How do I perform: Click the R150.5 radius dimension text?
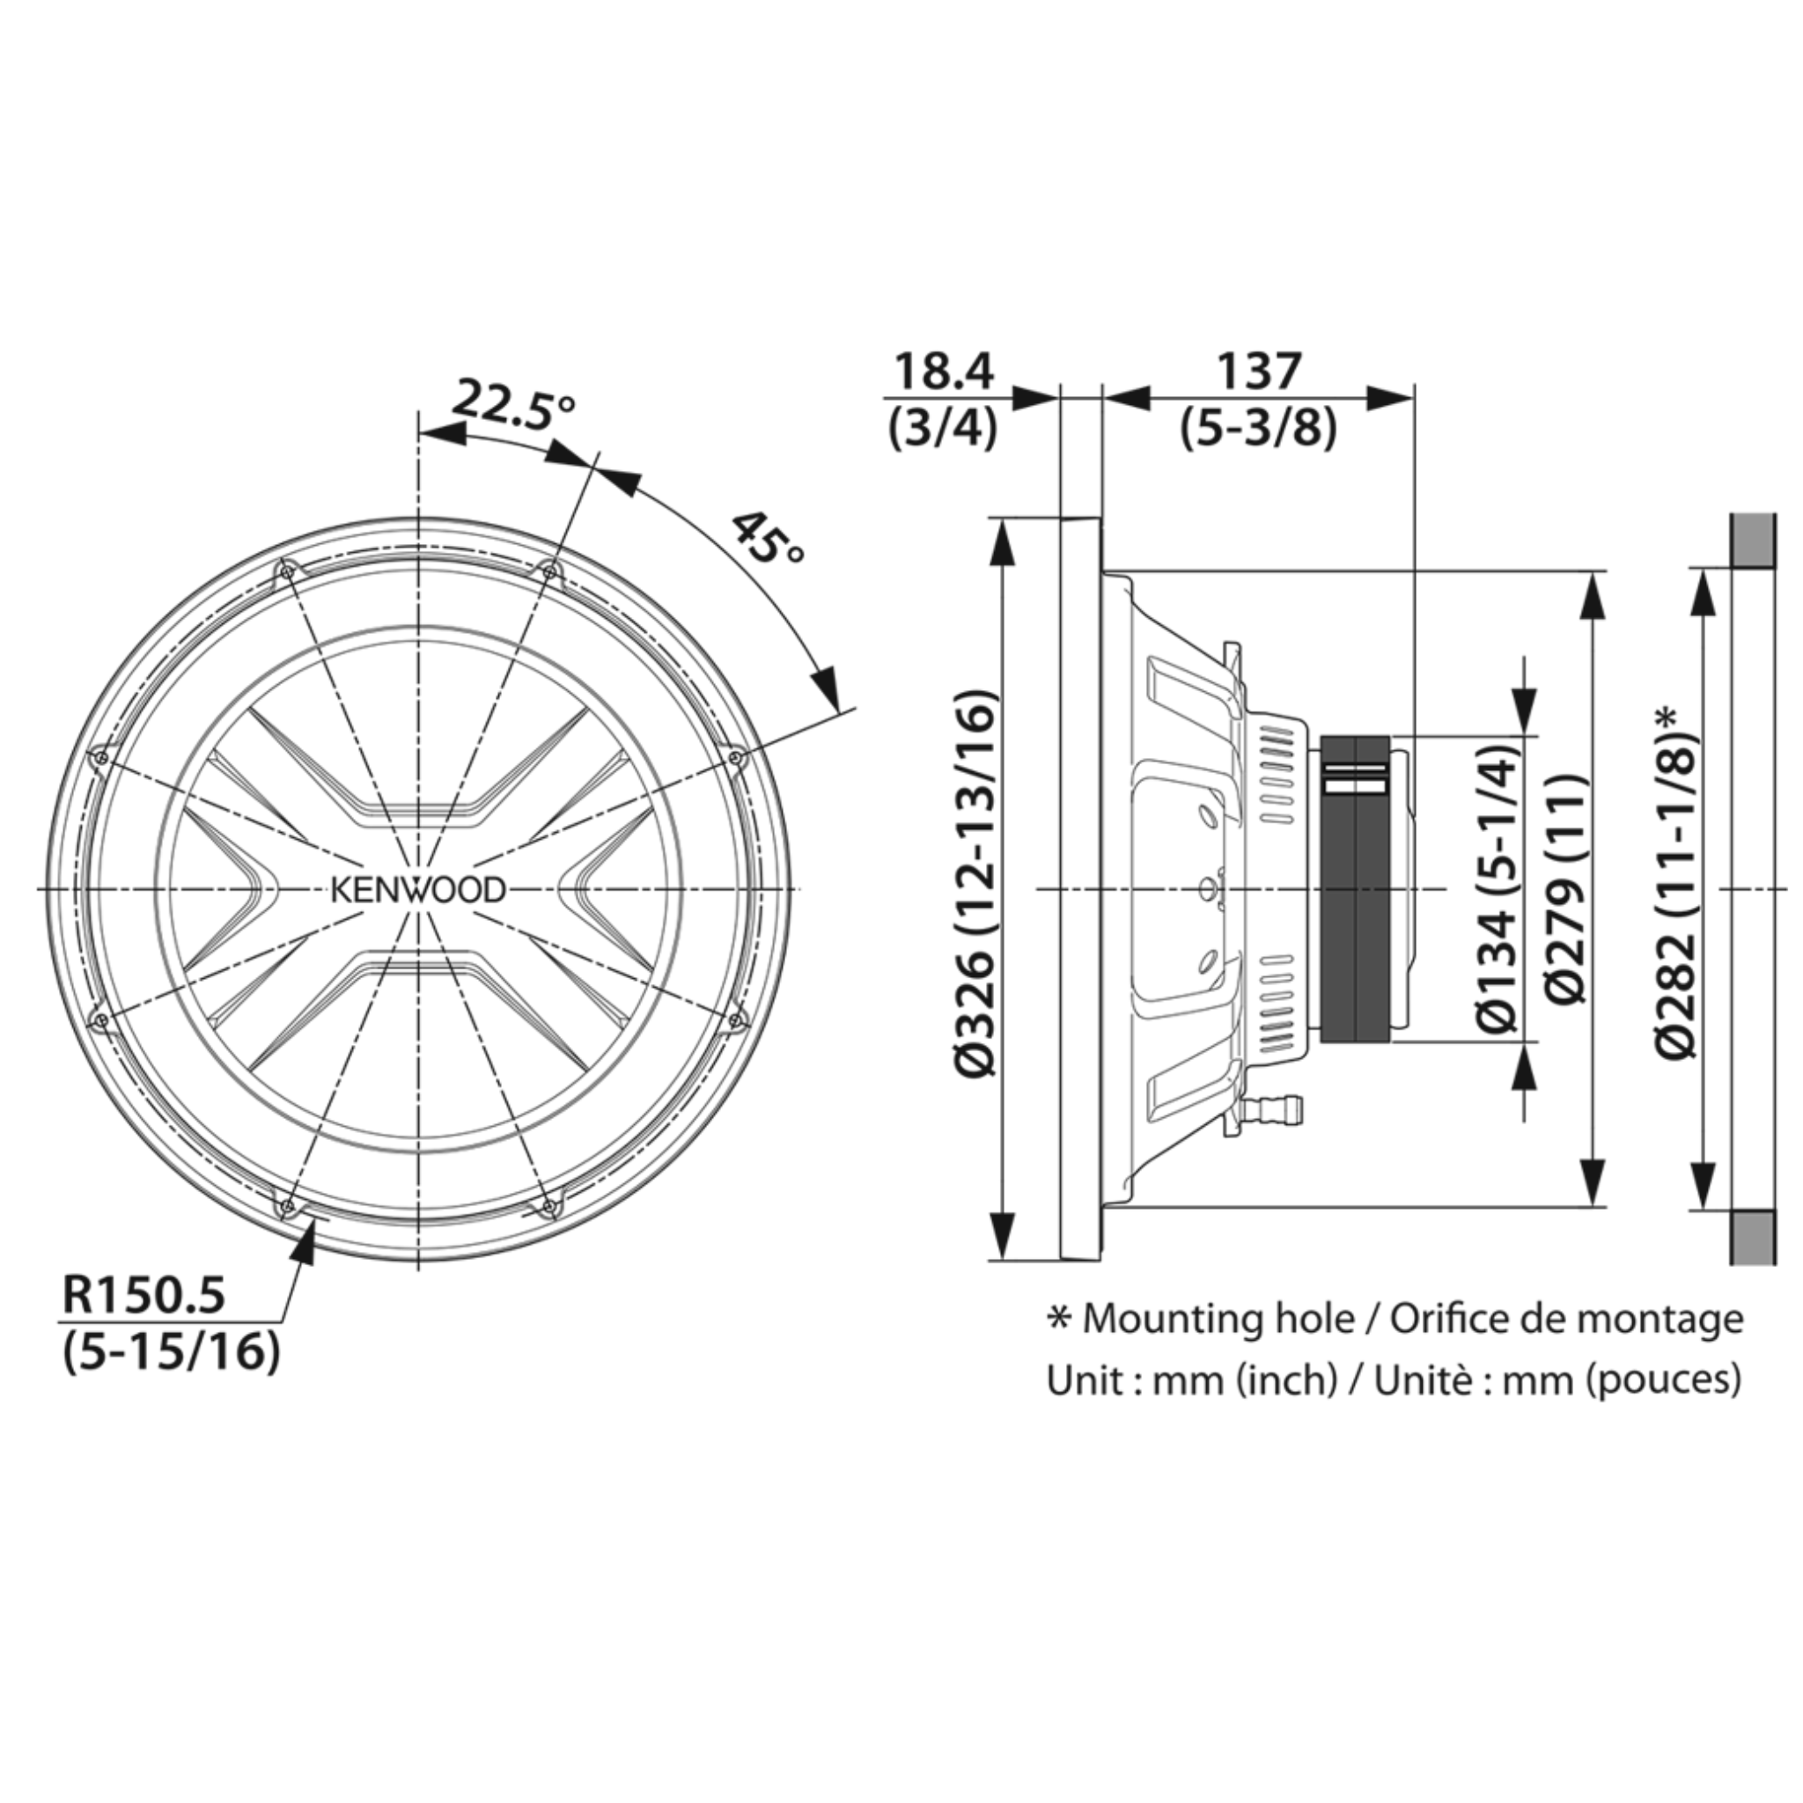(x=144, y=1296)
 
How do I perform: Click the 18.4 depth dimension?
(x=945, y=372)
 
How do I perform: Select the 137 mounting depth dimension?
(x=1258, y=372)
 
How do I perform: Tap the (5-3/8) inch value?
(x=1258, y=430)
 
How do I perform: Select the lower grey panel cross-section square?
(x=1754, y=1238)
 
